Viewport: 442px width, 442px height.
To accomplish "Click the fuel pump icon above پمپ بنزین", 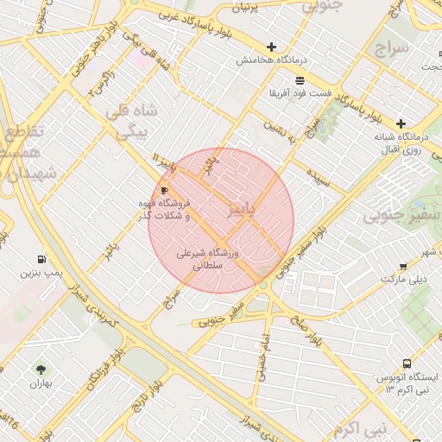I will [x=41, y=259].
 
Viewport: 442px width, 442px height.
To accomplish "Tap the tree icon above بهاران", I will [x=40, y=369].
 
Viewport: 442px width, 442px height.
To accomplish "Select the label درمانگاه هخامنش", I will [x=268, y=60].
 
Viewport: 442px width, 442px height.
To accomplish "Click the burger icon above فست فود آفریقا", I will [x=300, y=79].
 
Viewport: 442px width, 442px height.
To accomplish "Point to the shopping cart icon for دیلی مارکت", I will [x=403, y=267].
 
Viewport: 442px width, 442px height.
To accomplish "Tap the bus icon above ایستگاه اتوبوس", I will [x=407, y=365].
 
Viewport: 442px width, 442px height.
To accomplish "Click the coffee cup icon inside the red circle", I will [x=164, y=190].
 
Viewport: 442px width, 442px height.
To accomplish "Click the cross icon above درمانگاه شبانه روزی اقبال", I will [x=401, y=123].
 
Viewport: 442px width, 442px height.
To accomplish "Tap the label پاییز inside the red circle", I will [x=242, y=210].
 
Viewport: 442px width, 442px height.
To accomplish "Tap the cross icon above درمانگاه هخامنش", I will [x=272, y=47].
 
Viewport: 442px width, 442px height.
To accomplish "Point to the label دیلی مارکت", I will [x=404, y=280].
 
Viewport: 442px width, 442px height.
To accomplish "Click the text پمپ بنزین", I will [x=42, y=273].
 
